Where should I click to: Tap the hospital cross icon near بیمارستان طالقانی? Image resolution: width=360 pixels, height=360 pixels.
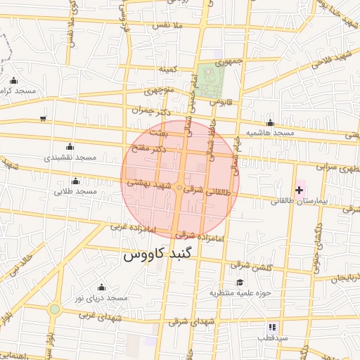(300, 190)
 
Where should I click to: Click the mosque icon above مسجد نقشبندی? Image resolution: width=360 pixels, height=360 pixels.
(69, 147)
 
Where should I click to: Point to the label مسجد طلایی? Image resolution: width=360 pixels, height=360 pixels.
(76, 191)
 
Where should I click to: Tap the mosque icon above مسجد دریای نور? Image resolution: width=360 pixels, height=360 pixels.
(101, 287)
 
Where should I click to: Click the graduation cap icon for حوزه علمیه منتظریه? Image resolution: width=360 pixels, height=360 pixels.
(230, 282)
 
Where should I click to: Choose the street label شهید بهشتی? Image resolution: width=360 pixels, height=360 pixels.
(148, 183)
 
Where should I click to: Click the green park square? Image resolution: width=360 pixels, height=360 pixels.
(208, 80)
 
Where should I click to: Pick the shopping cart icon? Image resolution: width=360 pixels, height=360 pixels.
(44, 118)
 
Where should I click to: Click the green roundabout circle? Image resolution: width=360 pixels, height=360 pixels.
(54, 309)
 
